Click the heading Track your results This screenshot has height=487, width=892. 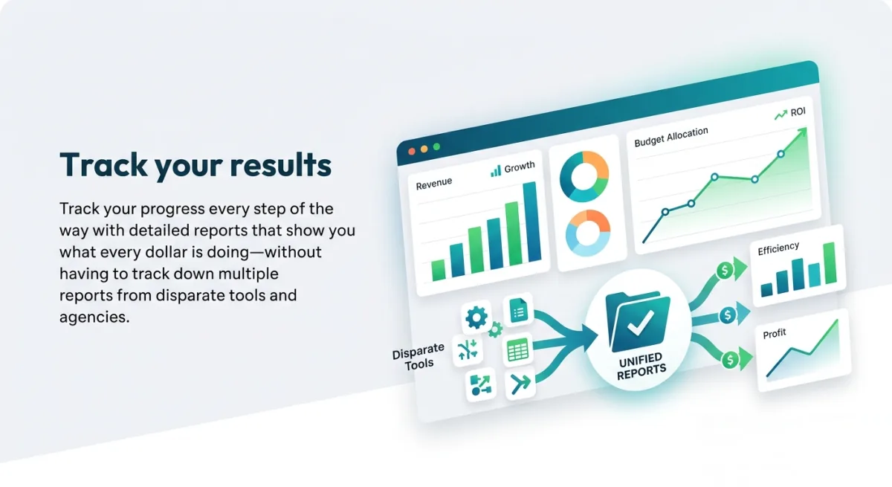pyautogui.click(x=195, y=164)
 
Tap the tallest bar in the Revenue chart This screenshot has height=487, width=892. pyautogui.click(x=531, y=222)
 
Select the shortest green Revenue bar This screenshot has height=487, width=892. pyautogui.click(x=439, y=270)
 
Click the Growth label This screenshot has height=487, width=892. pyautogui.click(x=520, y=167)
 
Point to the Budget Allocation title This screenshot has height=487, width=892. pyautogui.click(x=671, y=137)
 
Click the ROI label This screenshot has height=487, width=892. pyautogui.click(x=798, y=112)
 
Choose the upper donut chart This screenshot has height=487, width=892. pyautogui.click(x=584, y=176)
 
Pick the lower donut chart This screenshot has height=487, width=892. pyautogui.click(x=588, y=233)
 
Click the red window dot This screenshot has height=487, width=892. pyautogui.click(x=412, y=152)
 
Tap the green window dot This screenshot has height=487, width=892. pyautogui.click(x=436, y=146)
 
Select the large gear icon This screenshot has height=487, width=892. pyautogui.click(x=476, y=317)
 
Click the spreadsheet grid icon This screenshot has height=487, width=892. pyautogui.click(x=517, y=349)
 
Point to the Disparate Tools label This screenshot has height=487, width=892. pyautogui.click(x=418, y=356)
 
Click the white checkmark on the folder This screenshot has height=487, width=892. pyautogui.click(x=640, y=323)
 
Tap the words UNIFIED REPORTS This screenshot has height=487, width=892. pyautogui.click(x=641, y=367)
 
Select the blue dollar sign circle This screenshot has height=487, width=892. pyautogui.click(x=728, y=315)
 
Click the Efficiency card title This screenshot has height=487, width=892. pyautogui.click(x=778, y=249)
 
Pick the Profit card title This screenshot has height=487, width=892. pyautogui.click(x=775, y=333)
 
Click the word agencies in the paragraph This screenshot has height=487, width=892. pyautogui.click(x=94, y=317)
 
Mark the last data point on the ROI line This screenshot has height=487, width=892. pyautogui.click(x=780, y=154)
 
